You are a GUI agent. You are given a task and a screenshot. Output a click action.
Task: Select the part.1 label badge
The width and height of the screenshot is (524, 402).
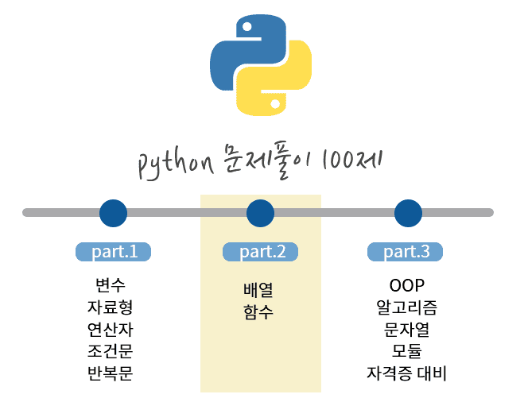tap(114, 252)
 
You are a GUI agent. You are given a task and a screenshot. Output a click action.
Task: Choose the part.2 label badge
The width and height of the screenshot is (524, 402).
tap(261, 252)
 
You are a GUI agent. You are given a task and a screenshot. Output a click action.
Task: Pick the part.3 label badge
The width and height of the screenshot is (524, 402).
tap(406, 252)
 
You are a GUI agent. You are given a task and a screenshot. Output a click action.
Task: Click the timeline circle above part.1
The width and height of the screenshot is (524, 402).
tap(113, 212)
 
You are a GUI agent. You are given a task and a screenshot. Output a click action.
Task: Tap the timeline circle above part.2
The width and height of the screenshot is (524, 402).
tap(261, 212)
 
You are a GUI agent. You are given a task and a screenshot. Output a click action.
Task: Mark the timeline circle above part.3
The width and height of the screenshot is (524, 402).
tap(408, 212)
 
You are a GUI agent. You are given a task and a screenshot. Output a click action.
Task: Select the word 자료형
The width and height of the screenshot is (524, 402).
tap(110, 307)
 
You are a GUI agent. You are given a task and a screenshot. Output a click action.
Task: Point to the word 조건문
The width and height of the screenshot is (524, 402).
tap(110, 350)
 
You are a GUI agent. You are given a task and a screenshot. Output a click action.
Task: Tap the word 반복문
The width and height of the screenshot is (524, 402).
tap(110, 372)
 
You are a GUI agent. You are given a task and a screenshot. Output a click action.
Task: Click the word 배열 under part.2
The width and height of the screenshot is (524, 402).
tap(258, 292)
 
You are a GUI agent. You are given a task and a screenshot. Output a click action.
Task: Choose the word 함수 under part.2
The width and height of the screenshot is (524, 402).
tap(258, 312)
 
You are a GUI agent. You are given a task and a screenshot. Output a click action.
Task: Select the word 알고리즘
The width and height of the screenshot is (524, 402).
tap(407, 307)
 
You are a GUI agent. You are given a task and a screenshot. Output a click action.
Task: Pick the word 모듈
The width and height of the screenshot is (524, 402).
tap(407, 350)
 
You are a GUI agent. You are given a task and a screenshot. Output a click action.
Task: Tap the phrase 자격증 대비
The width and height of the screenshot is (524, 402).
tap(407, 372)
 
